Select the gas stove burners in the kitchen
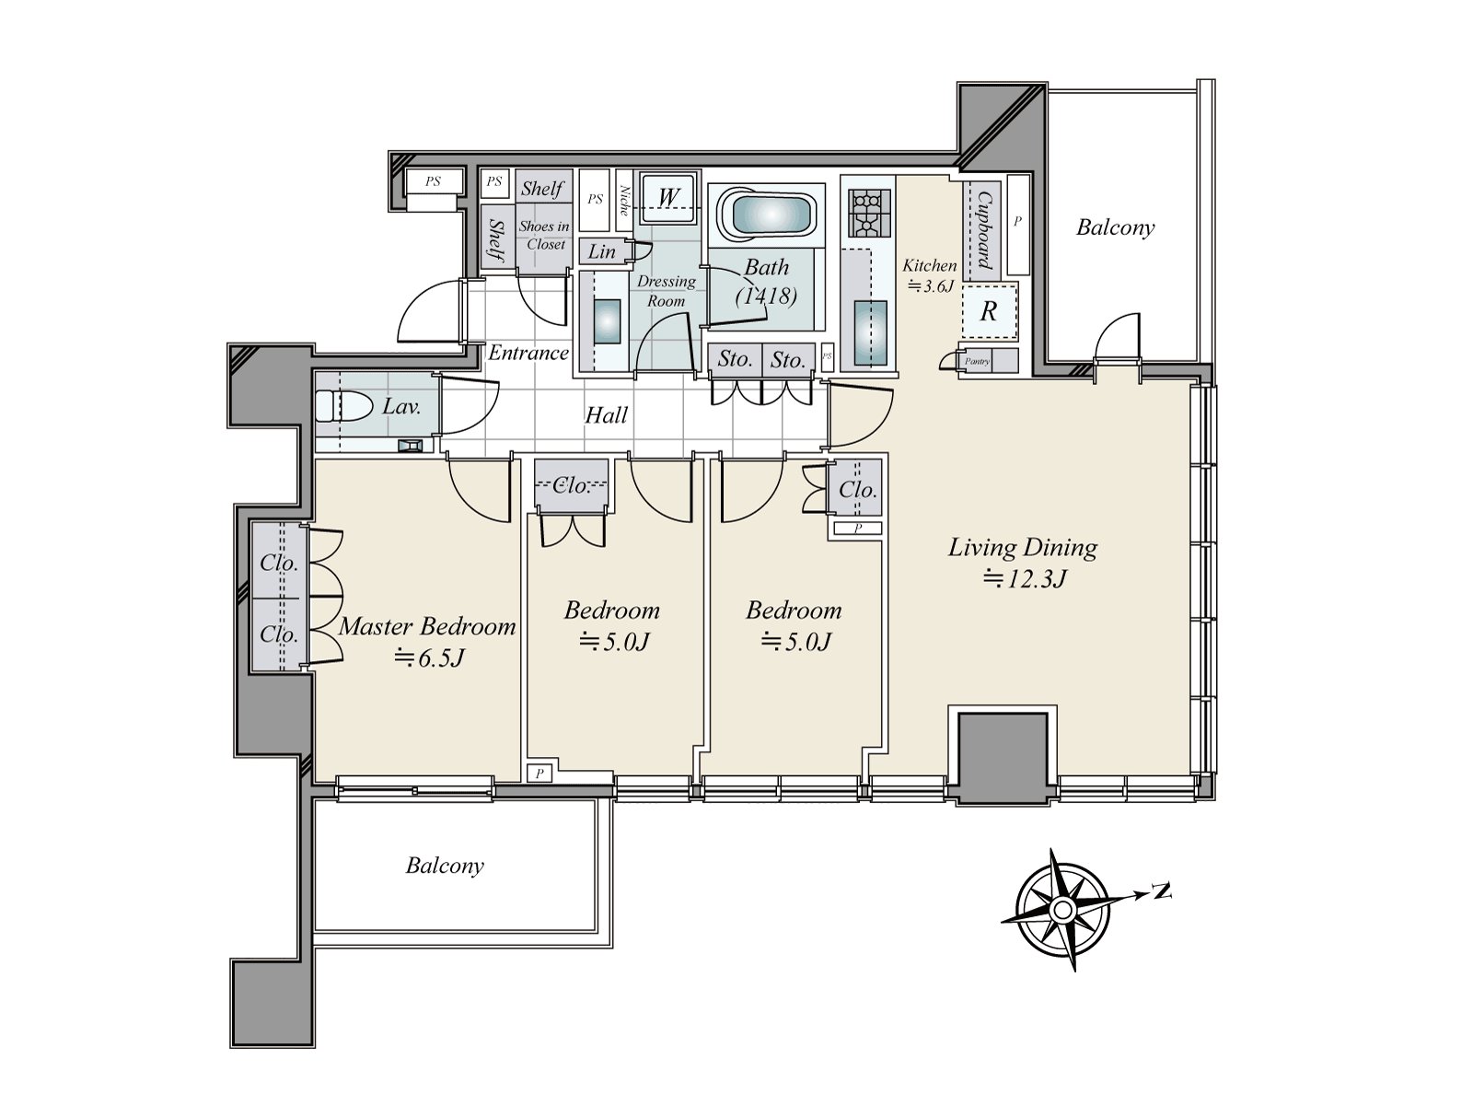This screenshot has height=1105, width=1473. (870, 214)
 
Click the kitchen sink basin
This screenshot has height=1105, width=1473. (870, 332)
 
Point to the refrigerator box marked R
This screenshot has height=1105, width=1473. (990, 310)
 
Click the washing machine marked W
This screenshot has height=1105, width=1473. (668, 198)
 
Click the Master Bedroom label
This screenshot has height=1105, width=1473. (427, 627)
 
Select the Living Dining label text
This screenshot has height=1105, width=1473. (1023, 548)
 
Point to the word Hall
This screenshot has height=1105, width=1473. (606, 415)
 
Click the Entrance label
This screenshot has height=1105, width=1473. (528, 353)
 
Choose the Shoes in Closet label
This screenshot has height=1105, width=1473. (544, 236)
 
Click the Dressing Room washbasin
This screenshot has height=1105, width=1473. (608, 321)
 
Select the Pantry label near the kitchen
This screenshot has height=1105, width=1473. (977, 362)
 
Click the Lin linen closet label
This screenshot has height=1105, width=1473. (601, 252)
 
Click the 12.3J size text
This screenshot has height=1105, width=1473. (1025, 579)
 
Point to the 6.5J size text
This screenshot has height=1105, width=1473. (430, 658)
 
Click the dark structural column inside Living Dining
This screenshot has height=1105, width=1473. (1003, 759)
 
